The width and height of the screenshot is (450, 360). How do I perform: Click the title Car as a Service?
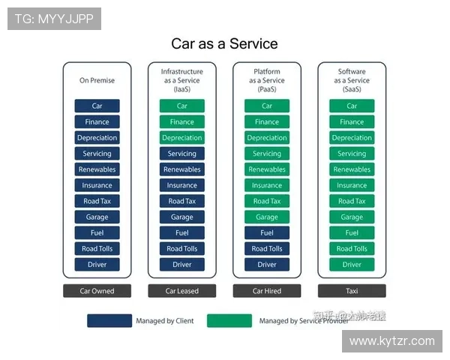click(224, 43)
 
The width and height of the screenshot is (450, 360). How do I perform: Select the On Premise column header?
click(97, 80)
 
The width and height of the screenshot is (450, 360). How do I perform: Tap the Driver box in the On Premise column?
click(97, 264)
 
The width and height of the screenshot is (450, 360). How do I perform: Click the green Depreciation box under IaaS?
click(181, 138)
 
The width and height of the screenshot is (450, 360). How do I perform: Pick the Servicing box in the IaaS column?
click(181, 154)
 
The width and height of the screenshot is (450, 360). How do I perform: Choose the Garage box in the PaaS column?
click(267, 217)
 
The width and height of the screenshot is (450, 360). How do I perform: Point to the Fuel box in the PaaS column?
click(267, 232)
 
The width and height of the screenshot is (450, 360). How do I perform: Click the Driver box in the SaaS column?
click(352, 264)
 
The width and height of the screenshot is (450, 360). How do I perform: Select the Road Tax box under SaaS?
click(352, 201)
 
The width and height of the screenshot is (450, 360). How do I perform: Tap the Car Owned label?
click(97, 291)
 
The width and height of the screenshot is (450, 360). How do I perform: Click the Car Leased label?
click(181, 291)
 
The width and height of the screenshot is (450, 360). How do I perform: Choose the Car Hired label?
click(267, 291)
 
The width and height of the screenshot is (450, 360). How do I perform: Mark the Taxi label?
click(352, 291)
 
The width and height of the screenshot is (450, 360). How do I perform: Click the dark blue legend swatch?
click(109, 321)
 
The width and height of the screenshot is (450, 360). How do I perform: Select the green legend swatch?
click(229, 321)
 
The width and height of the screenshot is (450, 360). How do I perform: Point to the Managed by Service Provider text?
click(304, 321)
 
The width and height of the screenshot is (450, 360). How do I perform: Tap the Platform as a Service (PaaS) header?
click(267, 80)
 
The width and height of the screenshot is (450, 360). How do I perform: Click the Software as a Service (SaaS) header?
click(352, 80)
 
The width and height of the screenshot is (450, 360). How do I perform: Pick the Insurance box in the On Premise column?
click(97, 185)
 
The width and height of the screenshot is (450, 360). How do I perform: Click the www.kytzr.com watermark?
click(392, 341)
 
